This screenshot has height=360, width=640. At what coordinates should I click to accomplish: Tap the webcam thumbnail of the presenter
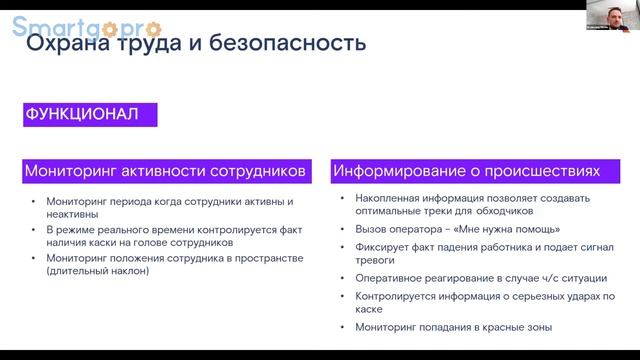tap(609, 18)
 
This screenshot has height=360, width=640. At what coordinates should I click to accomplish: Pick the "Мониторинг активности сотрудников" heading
tap(166, 171)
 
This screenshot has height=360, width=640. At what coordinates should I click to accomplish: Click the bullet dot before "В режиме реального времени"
tap(33, 230)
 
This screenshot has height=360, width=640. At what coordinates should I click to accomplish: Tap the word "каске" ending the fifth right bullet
tap(370, 310)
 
